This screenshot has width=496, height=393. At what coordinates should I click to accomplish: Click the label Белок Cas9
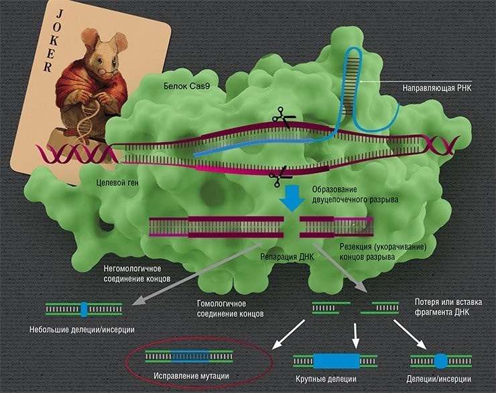click(x=187, y=87)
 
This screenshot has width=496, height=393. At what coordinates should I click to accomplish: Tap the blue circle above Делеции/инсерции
click(x=440, y=361)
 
